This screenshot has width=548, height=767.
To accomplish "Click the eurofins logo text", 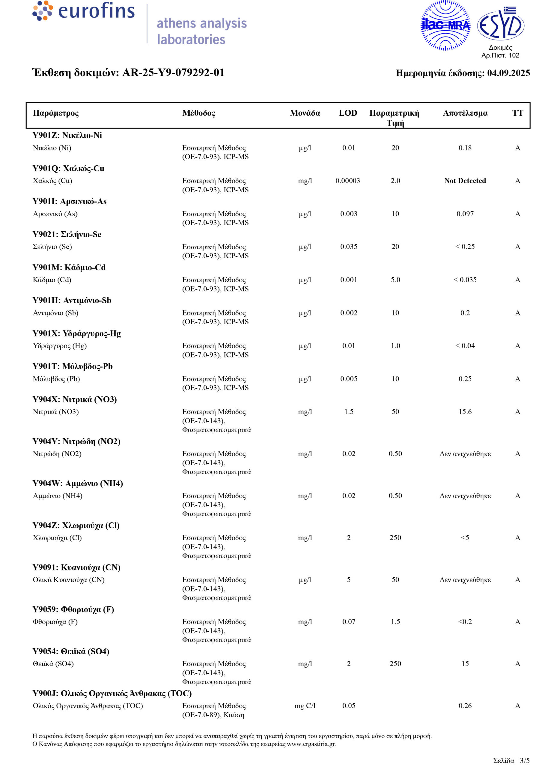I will click(96, 11).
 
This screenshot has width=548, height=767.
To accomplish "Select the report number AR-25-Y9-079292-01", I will click(173, 73).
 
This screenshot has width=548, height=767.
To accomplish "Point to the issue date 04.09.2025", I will click(508, 73).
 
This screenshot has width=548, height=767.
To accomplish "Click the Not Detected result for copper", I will click(465, 181).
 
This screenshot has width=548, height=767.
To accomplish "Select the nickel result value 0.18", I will click(465, 148).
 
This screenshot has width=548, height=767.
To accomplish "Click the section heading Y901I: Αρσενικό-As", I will click(70, 201).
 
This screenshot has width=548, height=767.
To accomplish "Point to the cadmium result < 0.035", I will click(465, 280).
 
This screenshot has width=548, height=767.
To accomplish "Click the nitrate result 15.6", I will click(465, 412).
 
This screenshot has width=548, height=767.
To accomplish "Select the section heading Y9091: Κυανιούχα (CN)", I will click(77, 567).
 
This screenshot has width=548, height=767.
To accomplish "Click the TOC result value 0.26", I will click(465, 706).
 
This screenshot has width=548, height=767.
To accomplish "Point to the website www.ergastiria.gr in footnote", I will click(311, 744).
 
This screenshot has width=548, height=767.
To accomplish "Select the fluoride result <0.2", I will click(465, 622).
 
